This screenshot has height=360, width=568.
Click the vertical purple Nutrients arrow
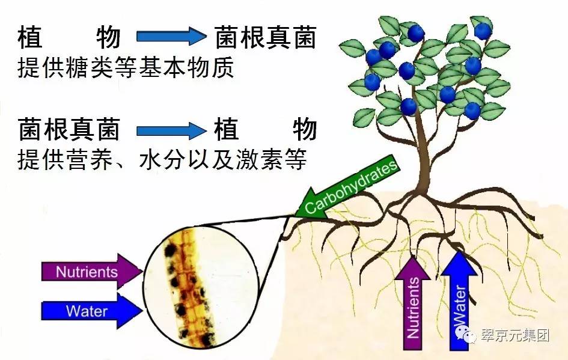coord(413,304)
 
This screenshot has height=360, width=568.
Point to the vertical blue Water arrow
coord(459,301)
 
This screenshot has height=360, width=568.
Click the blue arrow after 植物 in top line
coord(171,37)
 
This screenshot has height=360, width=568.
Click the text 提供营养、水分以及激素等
coord(162,160)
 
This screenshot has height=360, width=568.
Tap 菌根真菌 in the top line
coord(265,38)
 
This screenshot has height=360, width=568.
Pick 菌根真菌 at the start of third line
coord(69,129)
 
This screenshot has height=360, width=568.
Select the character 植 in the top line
coord(29,38)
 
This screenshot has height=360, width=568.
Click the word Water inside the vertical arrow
coord(460,310)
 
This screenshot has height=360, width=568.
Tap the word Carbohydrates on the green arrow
coord(352,186)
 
